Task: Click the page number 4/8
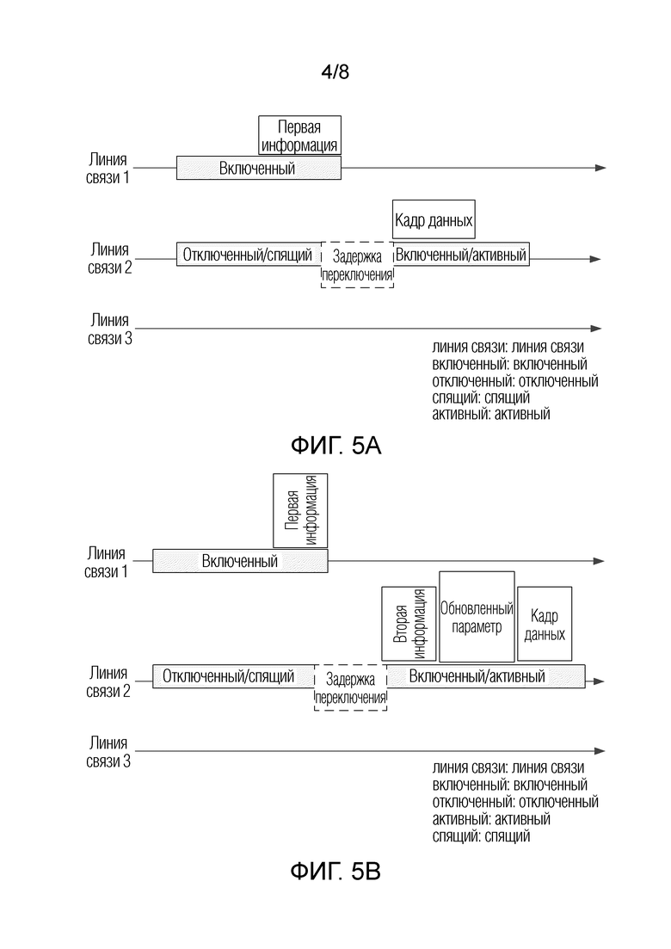tap(335, 72)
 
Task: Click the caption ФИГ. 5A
tap(335, 446)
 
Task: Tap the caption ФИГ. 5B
tap(335, 871)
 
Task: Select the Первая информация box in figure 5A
tap(299, 136)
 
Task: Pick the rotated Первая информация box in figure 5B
tap(300, 511)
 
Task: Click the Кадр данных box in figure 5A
tap(434, 219)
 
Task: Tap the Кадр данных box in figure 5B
tap(545, 624)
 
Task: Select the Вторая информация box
tap(409, 624)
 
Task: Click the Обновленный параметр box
tap(477, 617)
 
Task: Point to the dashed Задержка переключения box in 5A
tap(357, 265)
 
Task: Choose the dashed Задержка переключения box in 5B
tap(350, 687)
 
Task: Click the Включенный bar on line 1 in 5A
tap(259, 168)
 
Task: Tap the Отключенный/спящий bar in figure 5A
tap(249, 254)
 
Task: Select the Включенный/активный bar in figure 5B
tap(486, 676)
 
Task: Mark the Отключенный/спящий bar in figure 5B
tap(233, 676)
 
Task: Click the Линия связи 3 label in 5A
tap(109, 330)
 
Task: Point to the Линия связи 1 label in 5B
tap(106, 562)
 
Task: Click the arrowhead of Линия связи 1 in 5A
tap(600, 168)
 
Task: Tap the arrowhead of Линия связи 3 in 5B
tap(600, 751)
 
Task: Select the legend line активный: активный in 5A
tap(490, 414)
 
